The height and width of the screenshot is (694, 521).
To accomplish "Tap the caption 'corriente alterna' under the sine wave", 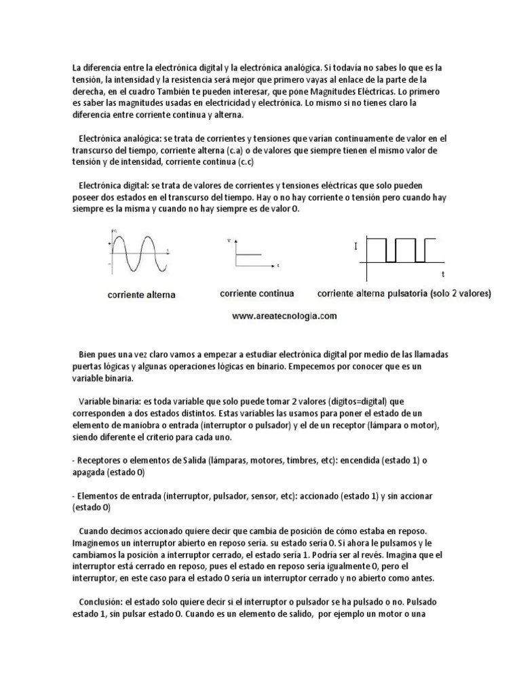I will tap(141, 295).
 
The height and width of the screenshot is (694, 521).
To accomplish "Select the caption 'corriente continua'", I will tap(256, 293).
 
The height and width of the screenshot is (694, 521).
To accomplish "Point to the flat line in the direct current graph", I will tap(249, 254).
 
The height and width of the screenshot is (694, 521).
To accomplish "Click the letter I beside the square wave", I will tap(355, 246).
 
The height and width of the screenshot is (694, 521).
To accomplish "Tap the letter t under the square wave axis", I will tap(443, 274).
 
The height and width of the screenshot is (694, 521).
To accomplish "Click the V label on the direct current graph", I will tap(229, 240).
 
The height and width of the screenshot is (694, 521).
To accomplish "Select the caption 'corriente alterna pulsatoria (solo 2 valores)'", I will tap(404, 293).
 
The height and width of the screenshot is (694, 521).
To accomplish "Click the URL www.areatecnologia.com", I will tap(284, 316).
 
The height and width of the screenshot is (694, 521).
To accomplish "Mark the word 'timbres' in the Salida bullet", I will tap(300, 461).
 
